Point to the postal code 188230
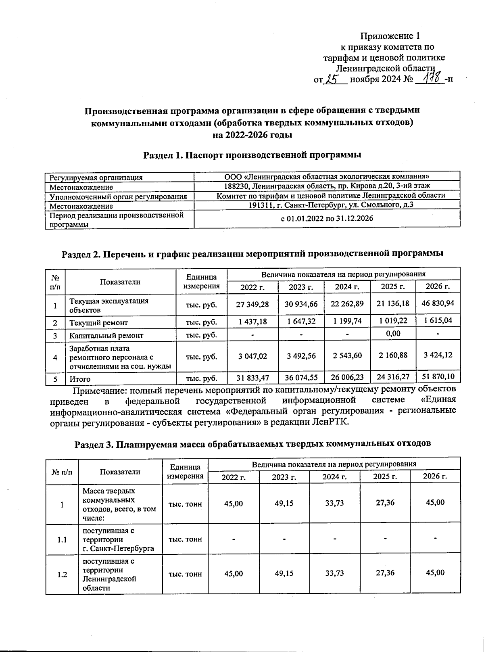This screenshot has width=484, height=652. [235, 186]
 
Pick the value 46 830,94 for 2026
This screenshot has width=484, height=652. [438, 303]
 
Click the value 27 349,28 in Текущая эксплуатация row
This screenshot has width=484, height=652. [252, 304]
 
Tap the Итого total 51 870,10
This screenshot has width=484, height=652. [438, 376]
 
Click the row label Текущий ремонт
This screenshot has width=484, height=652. [98, 323]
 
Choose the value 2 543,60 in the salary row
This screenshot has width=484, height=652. [347, 355]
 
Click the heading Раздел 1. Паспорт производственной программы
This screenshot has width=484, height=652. [252, 155]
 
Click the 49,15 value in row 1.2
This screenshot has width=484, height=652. [284, 573]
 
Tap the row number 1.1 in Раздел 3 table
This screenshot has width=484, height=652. [62, 539]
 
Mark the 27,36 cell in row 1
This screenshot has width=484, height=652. [385, 503]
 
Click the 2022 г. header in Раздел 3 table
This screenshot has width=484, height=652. [234, 476]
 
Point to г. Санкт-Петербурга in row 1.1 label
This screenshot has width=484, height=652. [118, 549]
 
